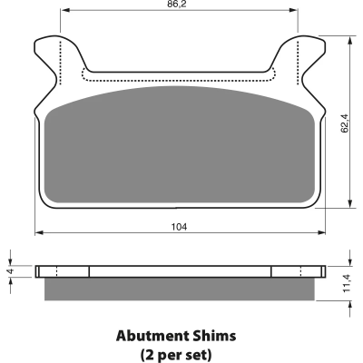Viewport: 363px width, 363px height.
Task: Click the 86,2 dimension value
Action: click(179, 4)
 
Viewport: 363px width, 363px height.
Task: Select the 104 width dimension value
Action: click(180, 227)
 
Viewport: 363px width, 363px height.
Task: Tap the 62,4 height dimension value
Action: click(345, 123)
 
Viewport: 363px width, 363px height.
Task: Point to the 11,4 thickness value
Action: click(346, 283)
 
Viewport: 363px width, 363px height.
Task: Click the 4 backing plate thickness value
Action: click(11, 271)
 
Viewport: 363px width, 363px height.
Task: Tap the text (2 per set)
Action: click(176, 354)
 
